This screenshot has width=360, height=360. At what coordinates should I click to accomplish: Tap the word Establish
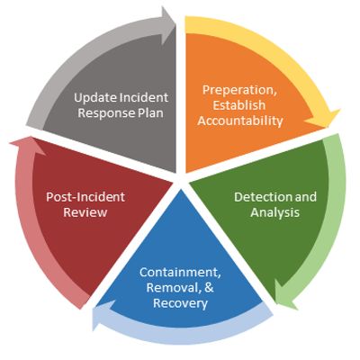(x=239, y=105)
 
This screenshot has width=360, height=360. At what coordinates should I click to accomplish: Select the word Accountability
(x=240, y=121)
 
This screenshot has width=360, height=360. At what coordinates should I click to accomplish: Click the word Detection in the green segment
(x=258, y=197)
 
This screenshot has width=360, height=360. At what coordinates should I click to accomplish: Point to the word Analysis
(x=275, y=212)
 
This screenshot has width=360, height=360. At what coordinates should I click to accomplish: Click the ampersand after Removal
(x=210, y=288)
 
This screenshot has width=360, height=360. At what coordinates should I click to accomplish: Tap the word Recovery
(x=180, y=303)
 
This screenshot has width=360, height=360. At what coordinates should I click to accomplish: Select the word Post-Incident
(x=85, y=197)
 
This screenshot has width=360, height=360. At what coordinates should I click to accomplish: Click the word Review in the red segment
(x=85, y=212)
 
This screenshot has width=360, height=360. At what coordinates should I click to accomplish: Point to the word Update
(x=95, y=98)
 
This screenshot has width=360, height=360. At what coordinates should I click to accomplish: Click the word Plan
(x=151, y=113)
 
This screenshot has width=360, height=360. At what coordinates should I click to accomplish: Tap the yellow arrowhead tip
(x=330, y=128)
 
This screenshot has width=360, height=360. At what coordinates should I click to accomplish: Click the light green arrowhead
(x=285, y=295)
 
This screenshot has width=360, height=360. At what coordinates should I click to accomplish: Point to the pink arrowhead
(x=27, y=146)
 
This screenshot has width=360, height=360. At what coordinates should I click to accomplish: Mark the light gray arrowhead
(x=168, y=25)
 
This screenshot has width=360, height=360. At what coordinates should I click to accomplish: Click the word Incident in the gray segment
(x=144, y=97)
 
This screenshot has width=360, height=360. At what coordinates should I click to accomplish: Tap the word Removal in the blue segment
(x=174, y=288)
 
